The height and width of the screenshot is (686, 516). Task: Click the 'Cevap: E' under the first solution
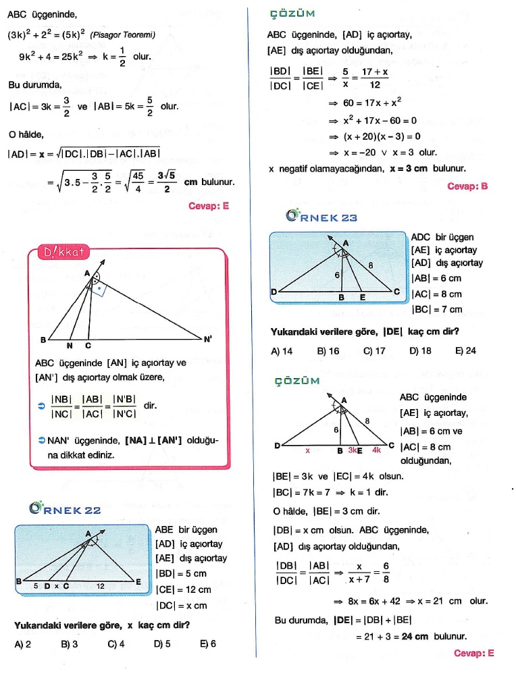point(209,207)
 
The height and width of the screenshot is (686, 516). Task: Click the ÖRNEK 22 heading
point(66,509)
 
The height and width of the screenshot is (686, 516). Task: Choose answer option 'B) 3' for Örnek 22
point(69,644)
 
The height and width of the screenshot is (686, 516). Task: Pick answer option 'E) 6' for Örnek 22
point(207,644)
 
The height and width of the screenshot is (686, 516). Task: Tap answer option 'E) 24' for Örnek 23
point(465,351)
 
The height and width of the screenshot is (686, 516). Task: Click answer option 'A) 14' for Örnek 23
point(282,351)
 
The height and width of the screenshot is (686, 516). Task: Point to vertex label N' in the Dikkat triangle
point(208,340)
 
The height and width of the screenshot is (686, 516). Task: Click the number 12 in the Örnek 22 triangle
point(99,586)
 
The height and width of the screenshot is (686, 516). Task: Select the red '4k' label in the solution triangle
point(376,450)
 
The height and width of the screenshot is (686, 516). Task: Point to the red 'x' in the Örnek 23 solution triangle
point(307,450)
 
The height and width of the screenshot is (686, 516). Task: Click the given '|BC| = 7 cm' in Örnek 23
point(437,310)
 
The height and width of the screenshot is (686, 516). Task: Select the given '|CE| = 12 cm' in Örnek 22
point(183,590)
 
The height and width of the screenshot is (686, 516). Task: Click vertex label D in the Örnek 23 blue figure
point(274,292)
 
